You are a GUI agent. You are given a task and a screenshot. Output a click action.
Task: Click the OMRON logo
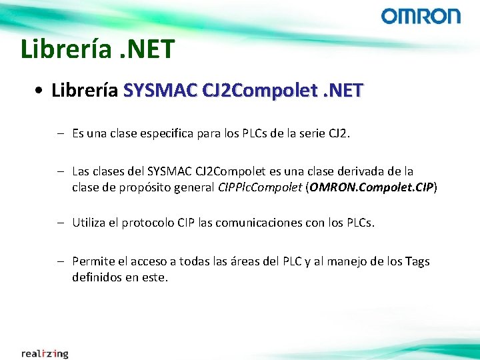pos(421,17)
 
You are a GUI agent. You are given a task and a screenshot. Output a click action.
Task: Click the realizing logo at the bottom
pos(45,353)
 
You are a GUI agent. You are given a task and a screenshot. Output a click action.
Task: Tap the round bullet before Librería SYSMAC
pos(41,91)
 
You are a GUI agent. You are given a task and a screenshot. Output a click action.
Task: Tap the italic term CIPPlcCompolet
pos(260,188)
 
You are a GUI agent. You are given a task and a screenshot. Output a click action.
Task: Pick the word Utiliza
pos(89,222)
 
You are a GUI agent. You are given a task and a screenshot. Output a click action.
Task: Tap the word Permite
pos(92,261)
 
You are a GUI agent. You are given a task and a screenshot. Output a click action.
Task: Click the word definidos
pos(97,277)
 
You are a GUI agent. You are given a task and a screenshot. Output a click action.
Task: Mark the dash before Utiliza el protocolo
pos(60,222)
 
